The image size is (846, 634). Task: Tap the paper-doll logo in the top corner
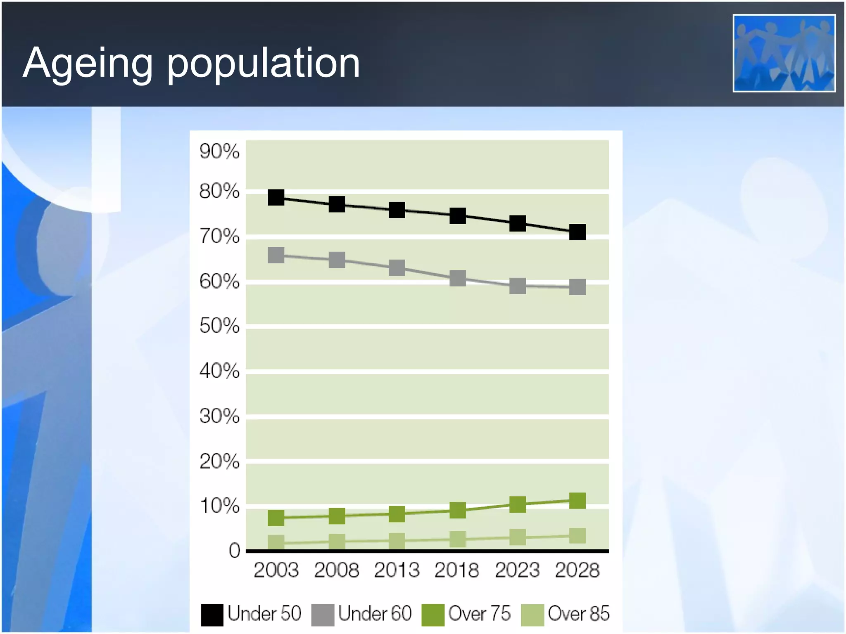(x=784, y=53)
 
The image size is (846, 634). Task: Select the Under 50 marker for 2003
(x=276, y=198)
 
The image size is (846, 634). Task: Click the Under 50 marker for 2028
(x=577, y=232)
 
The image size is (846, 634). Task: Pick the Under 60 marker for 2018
(x=457, y=279)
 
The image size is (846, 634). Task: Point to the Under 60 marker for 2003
(x=276, y=255)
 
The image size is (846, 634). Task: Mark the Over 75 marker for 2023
(x=517, y=504)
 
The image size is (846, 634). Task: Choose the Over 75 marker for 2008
(x=337, y=516)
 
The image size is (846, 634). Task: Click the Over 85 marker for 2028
(x=577, y=536)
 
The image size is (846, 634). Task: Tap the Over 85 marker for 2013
(x=397, y=541)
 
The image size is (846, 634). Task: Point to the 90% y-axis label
(x=219, y=151)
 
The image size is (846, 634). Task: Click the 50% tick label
(x=219, y=326)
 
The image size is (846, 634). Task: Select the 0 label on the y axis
(x=234, y=551)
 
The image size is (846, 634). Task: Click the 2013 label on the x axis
(x=397, y=570)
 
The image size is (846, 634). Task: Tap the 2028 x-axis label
(x=577, y=570)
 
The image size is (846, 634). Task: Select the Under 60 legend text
(x=375, y=613)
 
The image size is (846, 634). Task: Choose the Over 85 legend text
(x=578, y=613)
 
